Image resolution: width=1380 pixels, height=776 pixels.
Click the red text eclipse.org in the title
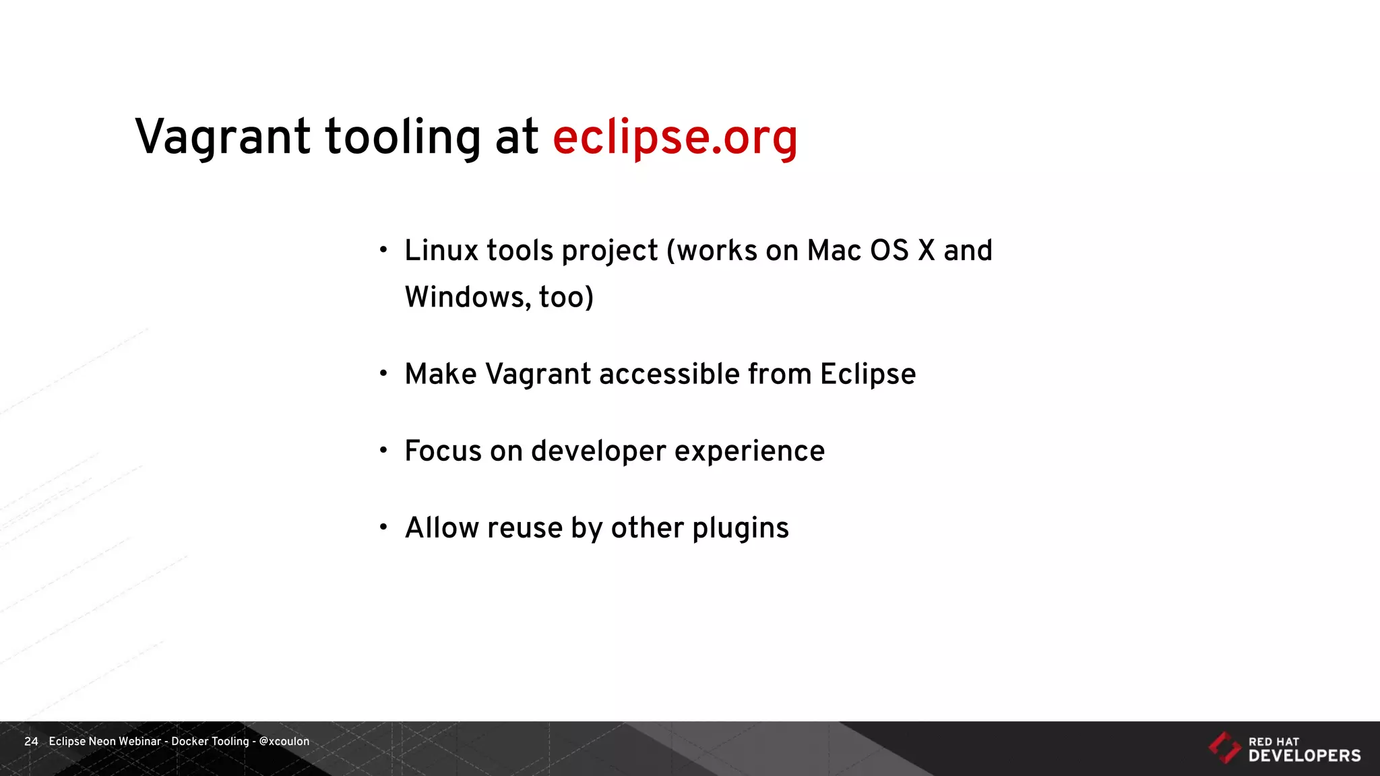[675, 138]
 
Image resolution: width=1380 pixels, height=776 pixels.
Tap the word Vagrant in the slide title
[222, 138]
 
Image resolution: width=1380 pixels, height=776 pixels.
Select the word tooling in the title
[403, 138]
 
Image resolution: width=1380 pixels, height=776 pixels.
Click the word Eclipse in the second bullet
[868, 375]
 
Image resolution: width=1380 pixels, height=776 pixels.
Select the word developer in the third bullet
[598, 451]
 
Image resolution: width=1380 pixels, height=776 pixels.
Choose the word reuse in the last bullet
[525, 528]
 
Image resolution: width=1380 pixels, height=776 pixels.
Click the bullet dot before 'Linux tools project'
[383, 250]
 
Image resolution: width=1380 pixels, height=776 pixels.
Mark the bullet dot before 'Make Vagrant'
[383, 373]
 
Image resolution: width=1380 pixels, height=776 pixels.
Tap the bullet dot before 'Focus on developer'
[383, 450]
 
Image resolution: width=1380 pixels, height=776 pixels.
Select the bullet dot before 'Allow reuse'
[383, 527]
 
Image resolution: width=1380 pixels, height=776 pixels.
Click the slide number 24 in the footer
[31, 741]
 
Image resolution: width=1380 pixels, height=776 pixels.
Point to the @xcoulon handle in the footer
[284, 741]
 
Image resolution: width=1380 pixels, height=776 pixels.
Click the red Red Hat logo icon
[1224, 748]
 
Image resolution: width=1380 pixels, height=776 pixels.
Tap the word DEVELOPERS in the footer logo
[1305, 756]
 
